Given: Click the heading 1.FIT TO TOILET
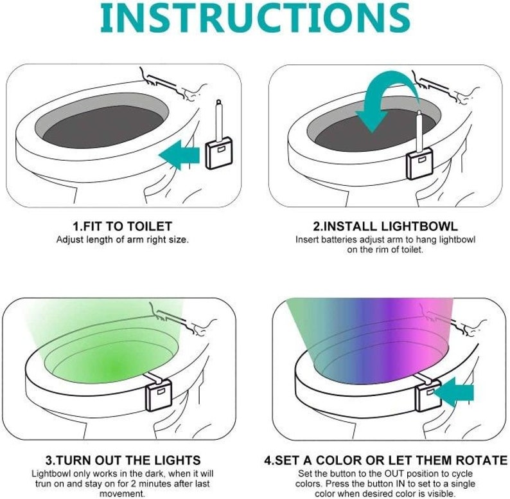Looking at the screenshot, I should tap(122, 227).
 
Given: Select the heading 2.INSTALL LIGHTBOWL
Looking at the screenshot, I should tap(385, 227).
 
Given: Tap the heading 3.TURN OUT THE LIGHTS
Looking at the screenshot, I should tap(122, 460).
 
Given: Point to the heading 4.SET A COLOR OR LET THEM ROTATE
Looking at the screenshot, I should tap(385, 460).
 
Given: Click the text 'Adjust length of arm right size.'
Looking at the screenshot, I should tap(122, 240).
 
